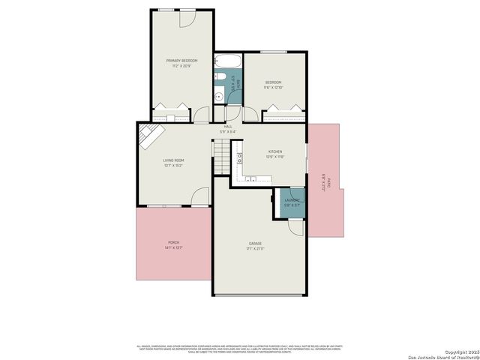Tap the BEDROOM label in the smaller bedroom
click(273, 82)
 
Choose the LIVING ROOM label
click(174, 160)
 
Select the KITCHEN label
click(275, 151)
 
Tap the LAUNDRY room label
click(292, 199)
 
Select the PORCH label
click(173, 242)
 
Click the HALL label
click(228, 127)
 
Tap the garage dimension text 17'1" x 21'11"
click(256, 248)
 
